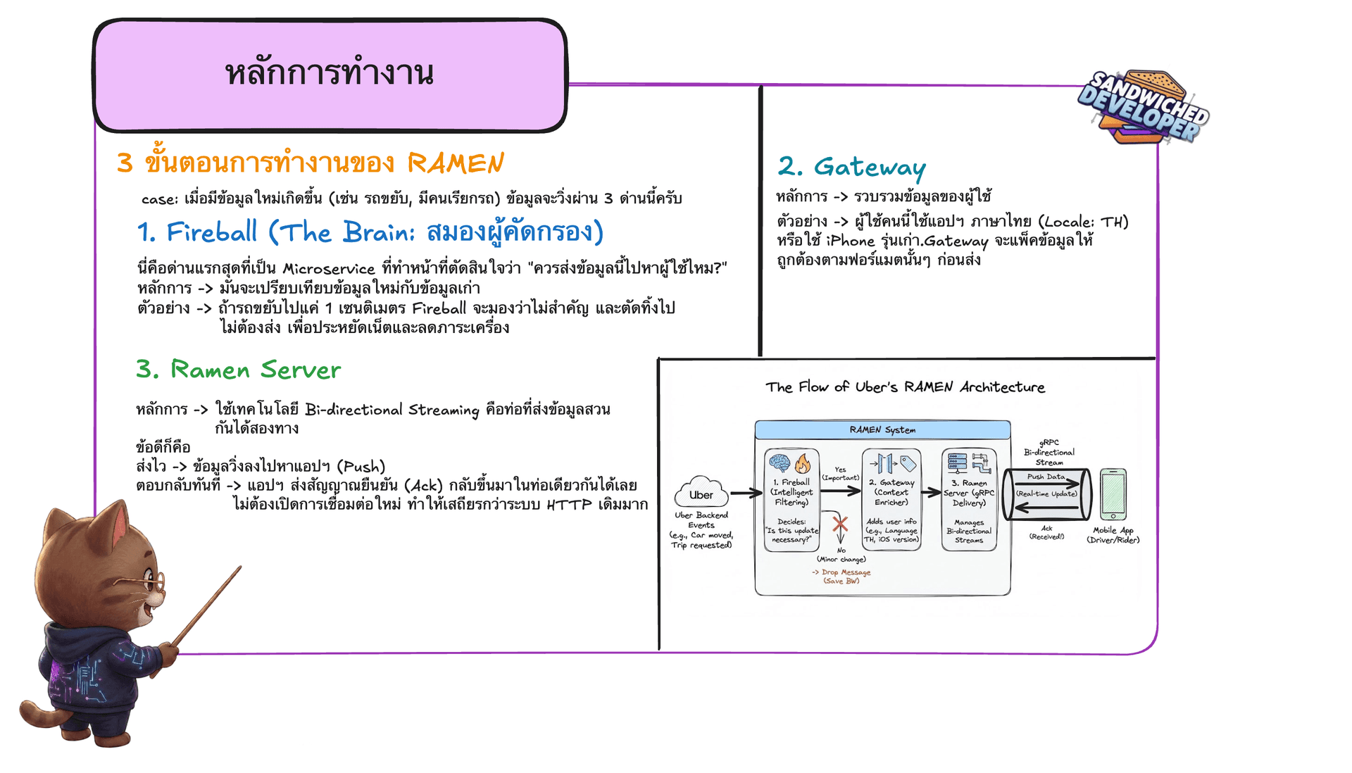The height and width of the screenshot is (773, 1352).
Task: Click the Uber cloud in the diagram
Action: pos(701,493)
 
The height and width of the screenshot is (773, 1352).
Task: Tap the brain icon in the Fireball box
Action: pos(779,463)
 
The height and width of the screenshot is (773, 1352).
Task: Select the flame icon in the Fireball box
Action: pos(802,463)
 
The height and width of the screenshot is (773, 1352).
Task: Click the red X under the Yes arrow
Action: pos(839,524)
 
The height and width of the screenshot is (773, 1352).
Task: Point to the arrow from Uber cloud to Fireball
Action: pos(746,493)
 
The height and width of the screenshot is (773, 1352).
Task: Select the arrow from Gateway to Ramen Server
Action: pos(931,492)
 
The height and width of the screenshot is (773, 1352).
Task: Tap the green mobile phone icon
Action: pos(1113,494)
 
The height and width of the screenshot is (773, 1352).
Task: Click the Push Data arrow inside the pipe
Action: pos(1047,484)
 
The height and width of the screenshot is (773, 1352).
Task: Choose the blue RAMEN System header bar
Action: pos(882,429)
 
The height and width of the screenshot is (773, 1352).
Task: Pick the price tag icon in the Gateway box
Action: pos(908,463)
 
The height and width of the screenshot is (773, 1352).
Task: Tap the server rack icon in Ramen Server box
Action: pos(958,463)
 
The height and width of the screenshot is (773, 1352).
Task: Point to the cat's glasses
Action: pos(149,582)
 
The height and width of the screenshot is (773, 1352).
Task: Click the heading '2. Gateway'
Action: pos(851,167)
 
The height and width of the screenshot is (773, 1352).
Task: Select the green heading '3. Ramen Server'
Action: pos(238,370)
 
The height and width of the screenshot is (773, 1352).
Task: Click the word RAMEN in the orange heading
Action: pos(456,163)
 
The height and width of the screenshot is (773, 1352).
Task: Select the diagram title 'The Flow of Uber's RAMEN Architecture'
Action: pos(905,386)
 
